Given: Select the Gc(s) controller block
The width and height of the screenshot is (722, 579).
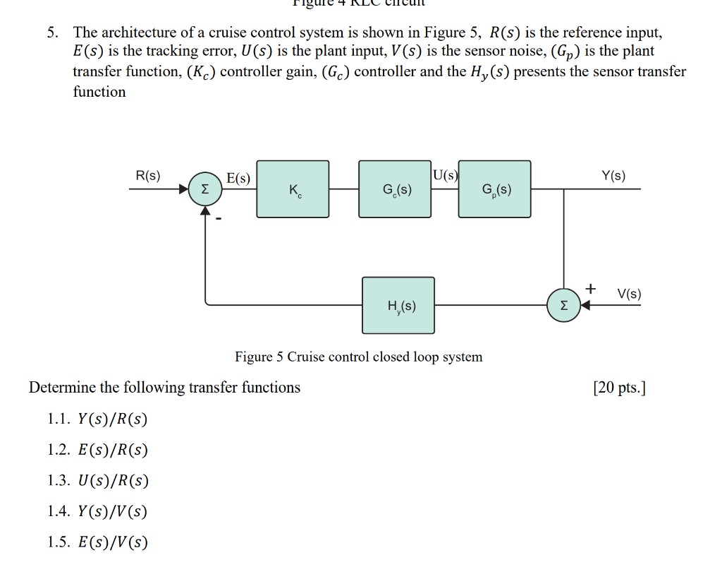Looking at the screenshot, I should tap(395, 189).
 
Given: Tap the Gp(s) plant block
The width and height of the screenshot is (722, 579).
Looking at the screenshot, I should tap(495, 189).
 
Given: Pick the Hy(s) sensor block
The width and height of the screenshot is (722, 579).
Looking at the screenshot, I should tap(398, 305).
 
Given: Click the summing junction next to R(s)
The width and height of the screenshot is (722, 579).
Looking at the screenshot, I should tap(204, 190).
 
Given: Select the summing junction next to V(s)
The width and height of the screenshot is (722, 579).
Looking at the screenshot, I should tap(563, 306).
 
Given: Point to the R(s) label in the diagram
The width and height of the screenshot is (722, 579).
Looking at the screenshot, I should tap(148, 175).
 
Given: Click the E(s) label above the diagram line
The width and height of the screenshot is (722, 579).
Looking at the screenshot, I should tap(238, 179).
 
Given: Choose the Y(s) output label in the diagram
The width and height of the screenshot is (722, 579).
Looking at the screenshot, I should tap(613, 176).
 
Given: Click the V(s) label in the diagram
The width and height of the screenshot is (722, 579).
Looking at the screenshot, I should tap(629, 294).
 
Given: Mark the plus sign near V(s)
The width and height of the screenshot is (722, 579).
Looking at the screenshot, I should tap(591, 288).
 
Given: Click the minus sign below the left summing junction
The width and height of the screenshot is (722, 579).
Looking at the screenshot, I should tap(219, 220).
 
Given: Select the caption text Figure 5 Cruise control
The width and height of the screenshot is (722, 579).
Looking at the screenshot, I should tap(358, 357).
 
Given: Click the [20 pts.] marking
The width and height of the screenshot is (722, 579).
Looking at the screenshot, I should tap(619, 388).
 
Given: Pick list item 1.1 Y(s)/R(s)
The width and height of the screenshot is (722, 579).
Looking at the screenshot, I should tap(97, 419).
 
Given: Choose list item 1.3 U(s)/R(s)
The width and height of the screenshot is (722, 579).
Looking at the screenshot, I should tap(97, 481).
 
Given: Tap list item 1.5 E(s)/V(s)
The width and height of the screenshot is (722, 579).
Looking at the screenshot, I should tap(97, 542).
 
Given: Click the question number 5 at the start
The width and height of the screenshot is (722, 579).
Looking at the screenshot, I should tap(51, 32).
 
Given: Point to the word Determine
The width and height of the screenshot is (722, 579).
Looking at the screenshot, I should tap(62, 388).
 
